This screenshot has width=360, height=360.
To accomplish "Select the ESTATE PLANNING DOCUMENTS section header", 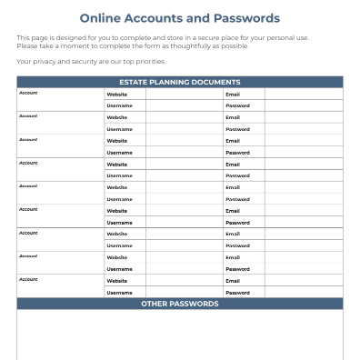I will point(180,82).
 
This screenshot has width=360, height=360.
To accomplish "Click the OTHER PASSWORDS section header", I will point(180,304).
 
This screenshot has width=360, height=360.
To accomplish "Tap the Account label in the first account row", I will point(28,93).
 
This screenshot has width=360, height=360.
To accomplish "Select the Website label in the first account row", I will point(117,94).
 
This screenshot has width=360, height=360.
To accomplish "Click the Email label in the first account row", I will point(233,94).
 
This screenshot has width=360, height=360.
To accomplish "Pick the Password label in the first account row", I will point(237,105).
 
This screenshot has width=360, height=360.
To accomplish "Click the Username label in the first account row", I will point(119,105).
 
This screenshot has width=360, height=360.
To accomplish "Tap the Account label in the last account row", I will point(28,279).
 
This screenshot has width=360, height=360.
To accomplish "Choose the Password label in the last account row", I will point(237,292).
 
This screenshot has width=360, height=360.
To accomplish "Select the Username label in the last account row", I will point(119,292).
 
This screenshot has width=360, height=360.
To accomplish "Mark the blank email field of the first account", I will point(304,94).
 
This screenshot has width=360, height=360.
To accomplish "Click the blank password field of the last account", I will point(304,292).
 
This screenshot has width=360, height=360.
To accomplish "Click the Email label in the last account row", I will point(233,280).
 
